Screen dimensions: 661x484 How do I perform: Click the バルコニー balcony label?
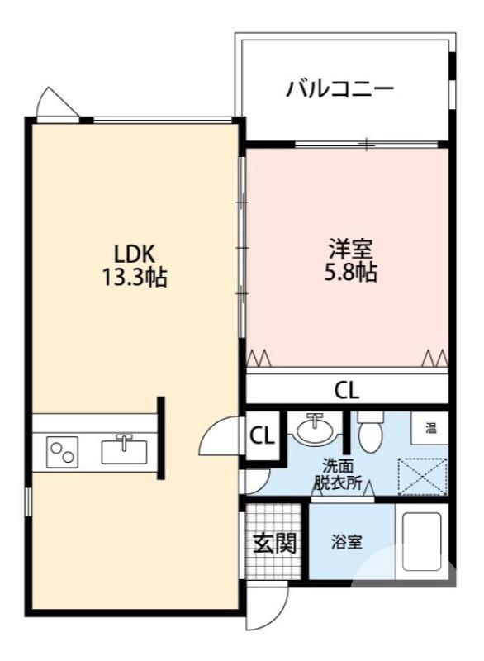340,88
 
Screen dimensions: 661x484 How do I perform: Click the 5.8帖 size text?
350,273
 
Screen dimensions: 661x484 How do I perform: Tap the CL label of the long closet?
347,389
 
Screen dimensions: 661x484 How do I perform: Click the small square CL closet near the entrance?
263,435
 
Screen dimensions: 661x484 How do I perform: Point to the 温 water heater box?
430,428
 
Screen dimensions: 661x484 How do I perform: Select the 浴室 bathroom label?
346,543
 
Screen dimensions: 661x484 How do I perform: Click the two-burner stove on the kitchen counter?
63,453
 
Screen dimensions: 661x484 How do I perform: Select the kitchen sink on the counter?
124,450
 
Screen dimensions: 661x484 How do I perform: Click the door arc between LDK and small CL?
221,438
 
